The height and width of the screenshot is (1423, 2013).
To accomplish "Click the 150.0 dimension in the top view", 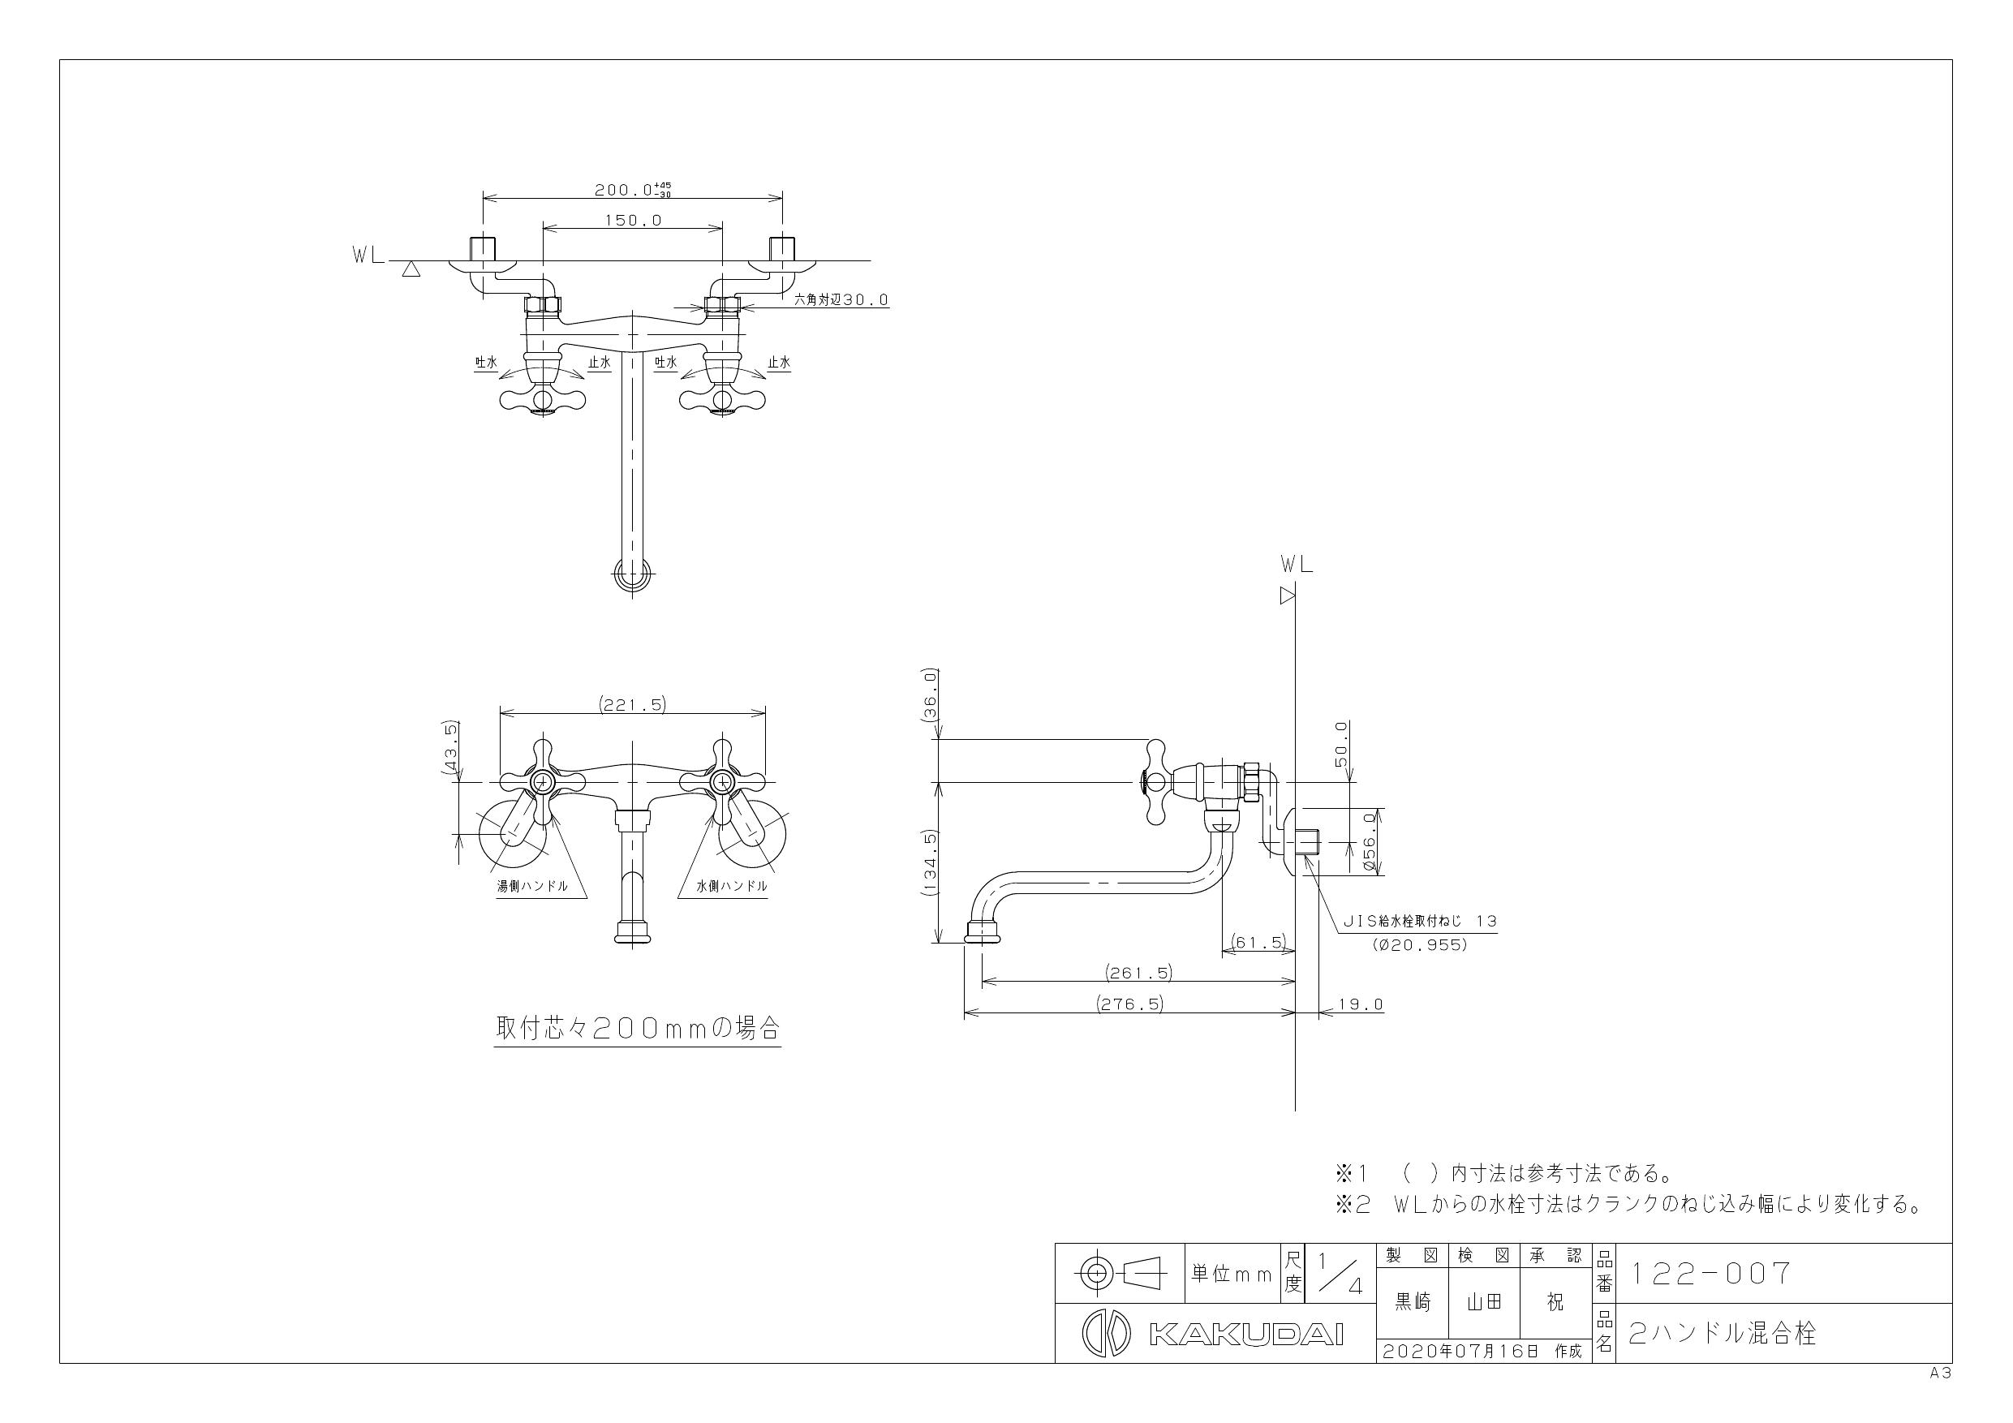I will click(632, 221).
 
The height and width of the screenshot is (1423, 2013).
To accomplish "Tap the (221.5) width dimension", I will click(632, 704).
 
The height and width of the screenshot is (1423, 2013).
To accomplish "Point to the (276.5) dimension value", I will click(1129, 1004).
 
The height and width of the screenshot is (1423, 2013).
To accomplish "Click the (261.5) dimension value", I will click(1138, 973).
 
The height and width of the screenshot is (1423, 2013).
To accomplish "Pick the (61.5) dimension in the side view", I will click(1258, 943).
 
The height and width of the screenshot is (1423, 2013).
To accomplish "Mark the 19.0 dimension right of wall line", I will click(1361, 1004).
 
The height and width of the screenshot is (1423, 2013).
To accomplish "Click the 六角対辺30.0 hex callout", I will click(841, 300).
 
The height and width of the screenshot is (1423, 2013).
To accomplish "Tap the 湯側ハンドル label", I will click(532, 887).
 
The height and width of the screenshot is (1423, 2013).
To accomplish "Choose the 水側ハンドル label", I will click(732, 887).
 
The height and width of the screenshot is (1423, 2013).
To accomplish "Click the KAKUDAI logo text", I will click(1245, 1335).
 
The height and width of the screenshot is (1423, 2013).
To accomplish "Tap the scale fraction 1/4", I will click(1340, 1273).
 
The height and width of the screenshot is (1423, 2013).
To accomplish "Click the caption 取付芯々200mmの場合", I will click(638, 1029).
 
